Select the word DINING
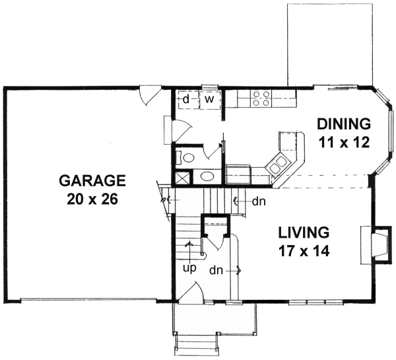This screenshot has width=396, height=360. (x=344, y=124)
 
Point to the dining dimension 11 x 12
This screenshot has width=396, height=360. (x=344, y=141)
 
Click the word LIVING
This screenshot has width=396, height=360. (x=303, y=233)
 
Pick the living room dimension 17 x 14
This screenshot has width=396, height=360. (x=303, y=251)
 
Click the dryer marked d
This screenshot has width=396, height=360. (x=187, y=99)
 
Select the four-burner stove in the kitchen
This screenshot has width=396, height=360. (x=261, y=98)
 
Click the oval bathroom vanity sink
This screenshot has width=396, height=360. (x=207, y=176)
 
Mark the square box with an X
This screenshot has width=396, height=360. (x=181, y=177)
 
